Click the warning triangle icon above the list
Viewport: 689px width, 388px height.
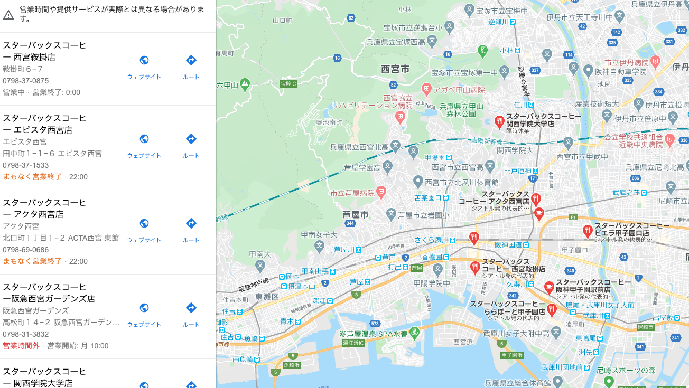pos(8,15)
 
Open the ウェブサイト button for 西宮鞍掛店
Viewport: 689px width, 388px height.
pos(144,60)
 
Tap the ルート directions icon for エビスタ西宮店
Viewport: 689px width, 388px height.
pos(191,139)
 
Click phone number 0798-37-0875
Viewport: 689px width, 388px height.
pos(26,81)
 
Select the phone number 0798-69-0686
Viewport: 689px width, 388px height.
pos(26,250)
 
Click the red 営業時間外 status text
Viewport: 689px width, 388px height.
pos(21,346)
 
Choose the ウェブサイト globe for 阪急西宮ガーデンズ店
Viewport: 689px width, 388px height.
pos(144,308)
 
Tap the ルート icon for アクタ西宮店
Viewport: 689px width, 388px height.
pos(191,223)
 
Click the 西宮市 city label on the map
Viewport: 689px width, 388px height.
pos(395,69)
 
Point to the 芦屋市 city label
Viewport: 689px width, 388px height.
pos(356,214)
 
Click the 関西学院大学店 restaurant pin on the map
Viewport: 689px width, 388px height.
pos(499,122)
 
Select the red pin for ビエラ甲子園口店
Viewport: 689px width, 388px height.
pos(586,231)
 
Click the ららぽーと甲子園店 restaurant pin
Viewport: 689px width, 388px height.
pos(552,309)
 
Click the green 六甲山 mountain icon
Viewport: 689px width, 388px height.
pos(245,83)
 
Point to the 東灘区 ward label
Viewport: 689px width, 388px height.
pos(267,296)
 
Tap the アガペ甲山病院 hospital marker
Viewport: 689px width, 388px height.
pos(426,89)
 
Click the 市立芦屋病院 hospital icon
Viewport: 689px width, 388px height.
pos(381,192)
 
